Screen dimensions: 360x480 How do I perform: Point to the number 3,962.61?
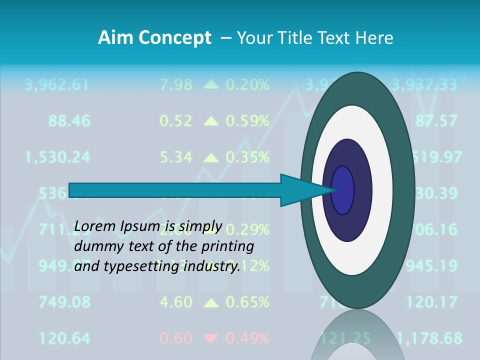click(56, 84)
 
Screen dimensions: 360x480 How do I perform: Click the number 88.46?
click(69, 120)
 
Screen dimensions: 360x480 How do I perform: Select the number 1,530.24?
click(57, 157)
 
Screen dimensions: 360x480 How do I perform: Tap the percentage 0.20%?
click(247, 84)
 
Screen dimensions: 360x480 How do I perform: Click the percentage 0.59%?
click(247, 120)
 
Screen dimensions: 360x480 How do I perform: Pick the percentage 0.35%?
click(247, 157)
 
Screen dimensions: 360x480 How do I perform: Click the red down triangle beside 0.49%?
click(211, 339)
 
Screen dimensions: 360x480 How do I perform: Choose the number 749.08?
click(65, 302)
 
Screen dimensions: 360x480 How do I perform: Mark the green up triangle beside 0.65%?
click(211, 302)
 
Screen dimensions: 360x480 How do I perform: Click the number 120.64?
click(65, 338)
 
